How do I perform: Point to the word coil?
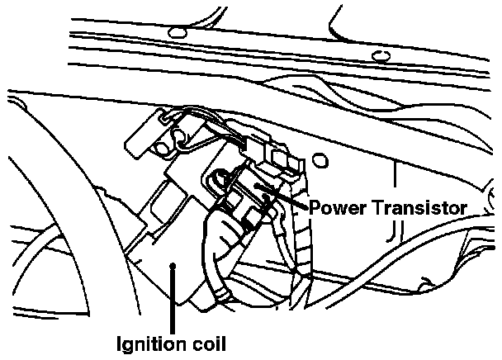coord(208,340)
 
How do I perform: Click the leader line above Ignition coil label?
coord(172,297)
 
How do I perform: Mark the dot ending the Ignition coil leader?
coord(172,265)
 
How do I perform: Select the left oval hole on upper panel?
coord(174,32)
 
